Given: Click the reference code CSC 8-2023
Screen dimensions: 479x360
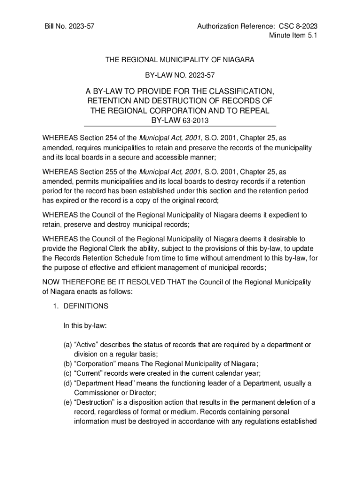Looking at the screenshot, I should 298,27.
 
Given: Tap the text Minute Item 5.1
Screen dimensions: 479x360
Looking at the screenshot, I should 293,37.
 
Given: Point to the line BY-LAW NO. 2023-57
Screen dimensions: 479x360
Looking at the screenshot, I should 180,74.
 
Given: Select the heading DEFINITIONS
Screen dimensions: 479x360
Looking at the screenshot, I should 86,306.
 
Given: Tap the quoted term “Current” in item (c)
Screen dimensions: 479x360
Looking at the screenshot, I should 87,373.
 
